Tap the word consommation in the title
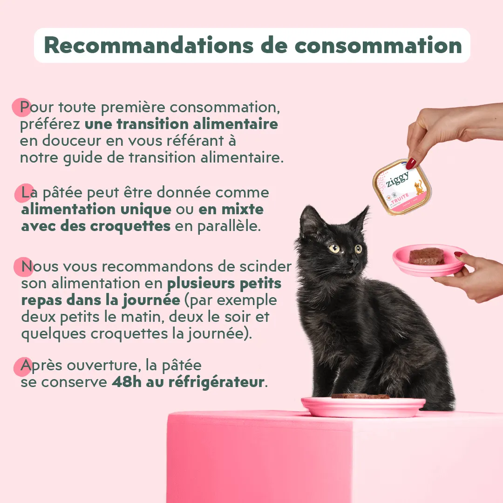click(378, 46)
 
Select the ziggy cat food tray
click(402, 187)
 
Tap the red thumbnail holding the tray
click(411, 163)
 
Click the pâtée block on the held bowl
click(427, 256)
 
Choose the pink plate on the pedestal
click(363, 407)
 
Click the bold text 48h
click(127, 382)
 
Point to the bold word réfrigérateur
click(217, 382)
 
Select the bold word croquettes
click(130, 226)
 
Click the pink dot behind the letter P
click(22, 107)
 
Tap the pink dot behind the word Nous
click(23, 267)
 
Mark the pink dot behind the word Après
click(23, 367)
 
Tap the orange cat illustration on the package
click(418, 187)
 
